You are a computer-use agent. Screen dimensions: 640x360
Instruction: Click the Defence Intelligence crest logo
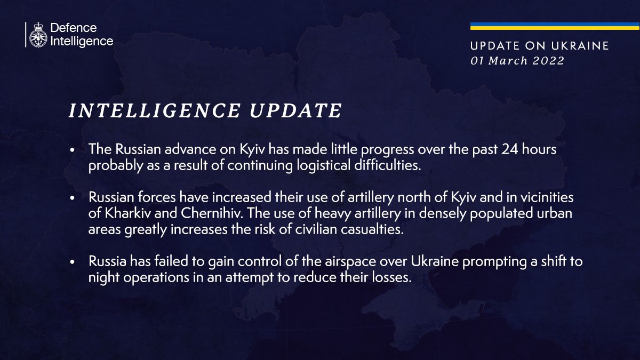point(38,35)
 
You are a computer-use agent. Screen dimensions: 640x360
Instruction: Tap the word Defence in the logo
point(74,28)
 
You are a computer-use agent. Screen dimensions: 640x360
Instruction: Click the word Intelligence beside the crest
point(82,41)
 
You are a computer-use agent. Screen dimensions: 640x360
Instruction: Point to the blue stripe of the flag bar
point(555,25)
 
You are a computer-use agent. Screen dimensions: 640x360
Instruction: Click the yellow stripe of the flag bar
point(555,28)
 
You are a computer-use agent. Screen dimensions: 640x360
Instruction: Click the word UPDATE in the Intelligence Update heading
point(295,110)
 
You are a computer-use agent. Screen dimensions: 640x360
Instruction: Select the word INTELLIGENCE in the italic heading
point(154,110)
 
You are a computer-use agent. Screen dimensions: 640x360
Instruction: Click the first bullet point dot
point(73,150)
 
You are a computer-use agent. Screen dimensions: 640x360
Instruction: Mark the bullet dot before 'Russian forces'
point(73,198)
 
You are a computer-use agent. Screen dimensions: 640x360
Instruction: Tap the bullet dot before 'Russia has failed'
point(73,262)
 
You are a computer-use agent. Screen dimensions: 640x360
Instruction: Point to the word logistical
point(323,166)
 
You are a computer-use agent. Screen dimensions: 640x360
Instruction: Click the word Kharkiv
point(127,213)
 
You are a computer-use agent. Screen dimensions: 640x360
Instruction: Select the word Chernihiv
point(212,213)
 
